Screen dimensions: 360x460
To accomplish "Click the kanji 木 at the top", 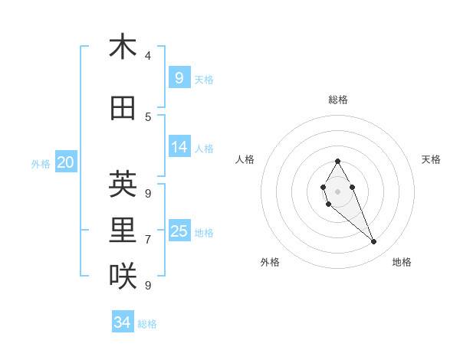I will [x=123, y=47].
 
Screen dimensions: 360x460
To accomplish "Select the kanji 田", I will [x=123, y=110].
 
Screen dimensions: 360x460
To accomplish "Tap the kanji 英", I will [x=123, y=184].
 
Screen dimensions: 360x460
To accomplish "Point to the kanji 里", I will [x=123, y=231].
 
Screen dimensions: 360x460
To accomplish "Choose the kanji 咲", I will [x=123, y=277].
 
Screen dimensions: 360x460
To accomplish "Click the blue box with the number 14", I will [x=179, y=148].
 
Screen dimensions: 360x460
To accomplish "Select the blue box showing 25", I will [x=179, y=231].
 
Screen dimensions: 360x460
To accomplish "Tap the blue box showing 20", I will [x=66, y=162].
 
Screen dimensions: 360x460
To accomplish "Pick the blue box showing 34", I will [x=123, y=322].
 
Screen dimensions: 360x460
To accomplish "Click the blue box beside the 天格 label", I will [x=179, y=78].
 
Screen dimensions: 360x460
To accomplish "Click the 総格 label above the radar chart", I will [x=338, y=100].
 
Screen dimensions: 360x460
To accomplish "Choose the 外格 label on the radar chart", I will [x=270, y=262].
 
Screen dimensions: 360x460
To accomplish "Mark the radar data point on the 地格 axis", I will [x=374, y=242].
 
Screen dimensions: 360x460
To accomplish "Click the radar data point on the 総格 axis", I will [x=337, y=161].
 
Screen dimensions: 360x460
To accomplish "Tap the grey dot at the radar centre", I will [x=337, y=191].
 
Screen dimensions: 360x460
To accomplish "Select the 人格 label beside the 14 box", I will [x=204, y=149].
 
